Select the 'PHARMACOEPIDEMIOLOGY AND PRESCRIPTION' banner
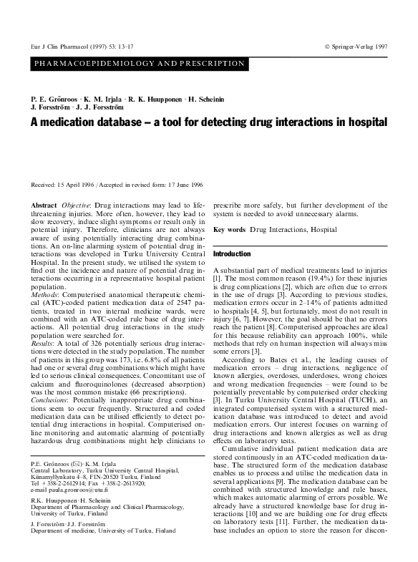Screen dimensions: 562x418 click(x=140, y=64)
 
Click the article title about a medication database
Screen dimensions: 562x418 click(x=209, y=122)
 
